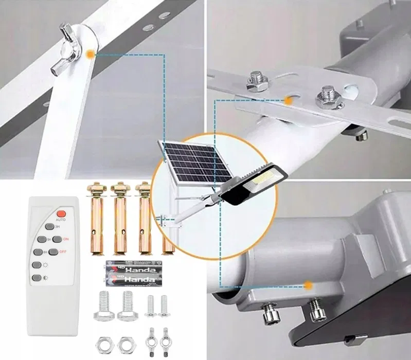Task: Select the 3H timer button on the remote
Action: click(x=49, y=226)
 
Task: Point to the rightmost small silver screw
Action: click(x=165, y=307)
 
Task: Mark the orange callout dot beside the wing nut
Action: click(x=91, y=53)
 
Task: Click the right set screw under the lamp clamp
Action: click(x=315, y=311)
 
